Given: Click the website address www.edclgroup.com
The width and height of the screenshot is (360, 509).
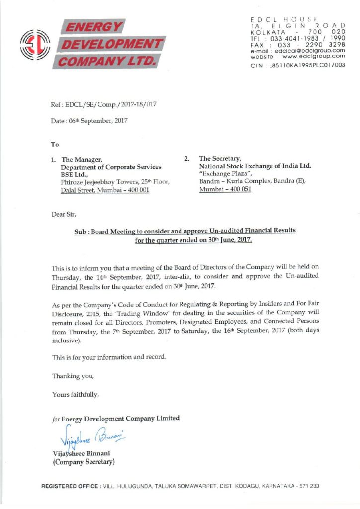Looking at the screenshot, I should (x=311, y=56).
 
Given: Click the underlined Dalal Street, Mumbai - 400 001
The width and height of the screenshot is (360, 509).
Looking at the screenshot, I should (x=105, y=190).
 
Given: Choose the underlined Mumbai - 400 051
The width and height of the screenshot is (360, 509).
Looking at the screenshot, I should (x=218, y=190).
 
